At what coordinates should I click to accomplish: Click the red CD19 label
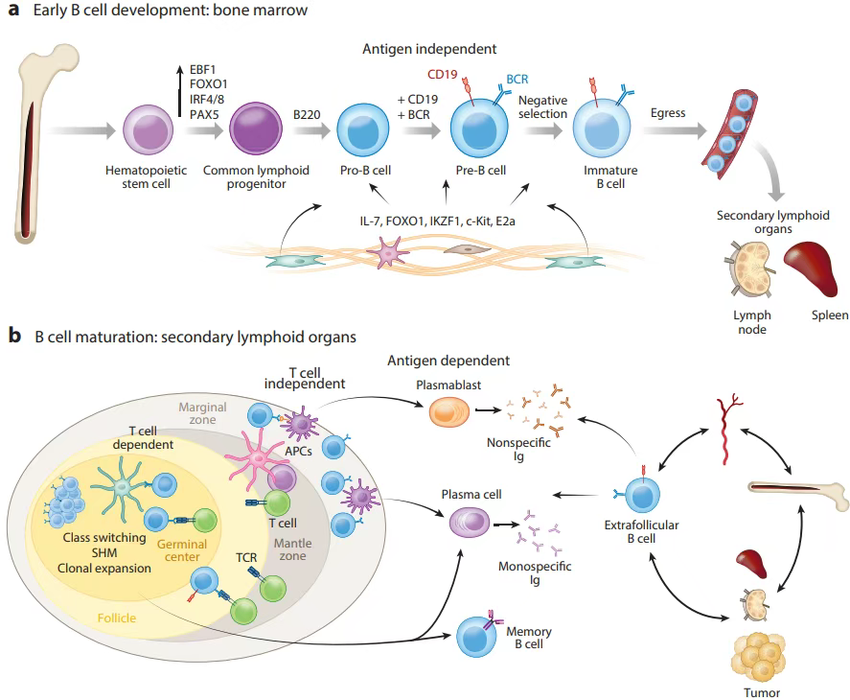[444, 73]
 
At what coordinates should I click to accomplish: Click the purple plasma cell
[471, 524]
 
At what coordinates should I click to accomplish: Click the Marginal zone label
[202, 413]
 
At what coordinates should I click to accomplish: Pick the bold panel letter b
[14, 336]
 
